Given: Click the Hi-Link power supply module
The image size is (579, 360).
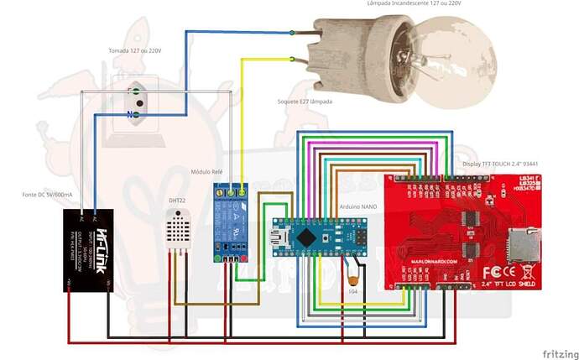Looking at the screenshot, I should pyautogui.click(x=90, y=250).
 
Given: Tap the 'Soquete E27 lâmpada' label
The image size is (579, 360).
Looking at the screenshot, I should pyautogui.click(x=304, y=101).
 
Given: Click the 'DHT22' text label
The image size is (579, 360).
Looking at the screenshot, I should pyautogui.click(x=177, y=200).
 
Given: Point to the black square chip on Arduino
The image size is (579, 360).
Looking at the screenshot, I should pyautogui.click(x=308, y=237).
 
